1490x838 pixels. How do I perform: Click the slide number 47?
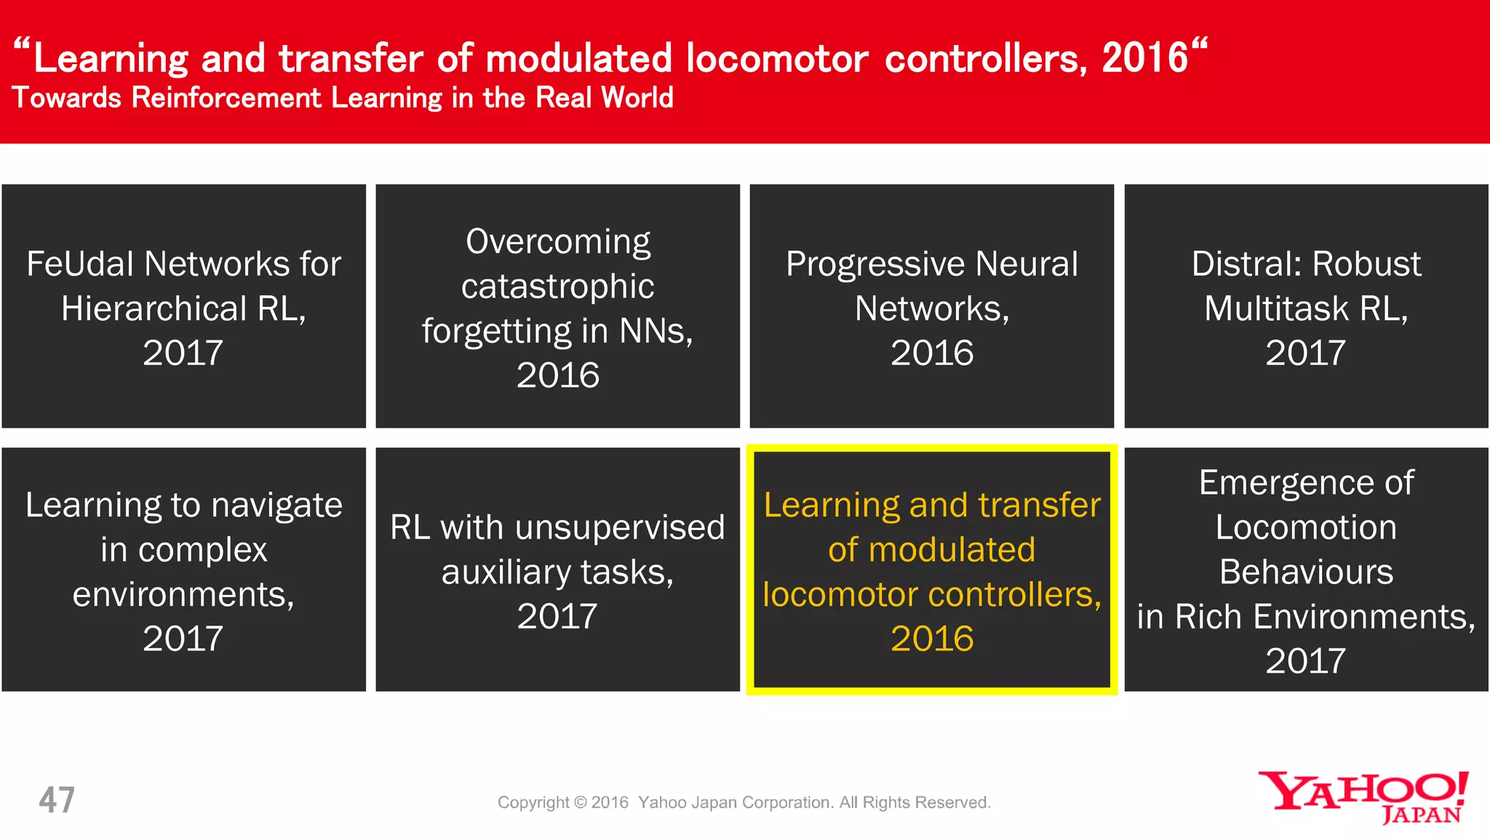[x=57, y=799]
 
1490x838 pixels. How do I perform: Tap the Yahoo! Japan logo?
[x=1364, y=797]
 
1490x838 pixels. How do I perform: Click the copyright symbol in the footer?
[x=580, y=802]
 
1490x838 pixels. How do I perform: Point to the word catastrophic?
[x=557, y=287]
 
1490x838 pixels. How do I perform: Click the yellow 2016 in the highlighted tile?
[x=932, y=639]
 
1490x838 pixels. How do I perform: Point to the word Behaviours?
[x=1306, y=572]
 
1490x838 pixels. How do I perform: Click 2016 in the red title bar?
[x=1144, y=58]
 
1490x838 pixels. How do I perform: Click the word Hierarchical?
[x=154, y=308]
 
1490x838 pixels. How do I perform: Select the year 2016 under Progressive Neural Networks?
[x=932, y=353]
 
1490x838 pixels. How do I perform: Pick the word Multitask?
[x=1276, y=308]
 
